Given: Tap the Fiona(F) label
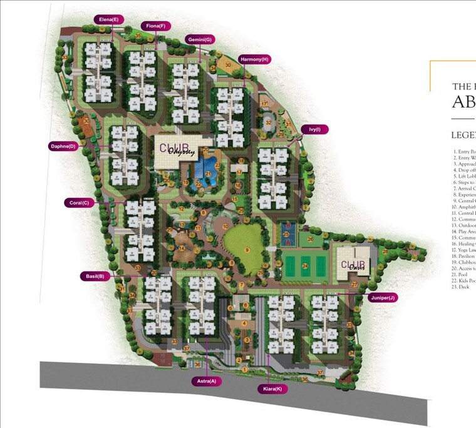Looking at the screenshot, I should pyautogui.click(x=155, y=26).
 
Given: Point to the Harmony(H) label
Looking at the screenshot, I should pyautogui.click(x=254, y=59).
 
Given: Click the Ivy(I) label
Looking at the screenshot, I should pyautogui.click(x=314, y=130).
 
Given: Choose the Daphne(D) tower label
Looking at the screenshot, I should pyautogui.click(x=63, y=146).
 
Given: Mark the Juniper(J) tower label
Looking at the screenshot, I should pyautogui.click(x=382, y=298).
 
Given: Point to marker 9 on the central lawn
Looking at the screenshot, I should pyautogui.click(x=247, y=250).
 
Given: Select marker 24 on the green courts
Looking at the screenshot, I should pyautogui.click(x=306, y=266).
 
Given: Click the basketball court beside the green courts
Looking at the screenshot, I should pyautogui.click(x=287, y=234).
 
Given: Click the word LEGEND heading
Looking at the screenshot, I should pyautogui.click(x=463, y=135).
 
